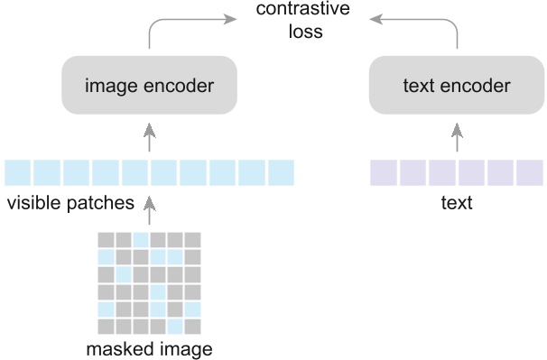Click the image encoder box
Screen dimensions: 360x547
coord(149,87)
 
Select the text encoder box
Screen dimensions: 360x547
coord(456,87)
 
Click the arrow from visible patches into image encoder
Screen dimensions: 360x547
coord(150,138)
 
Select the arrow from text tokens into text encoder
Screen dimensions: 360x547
coord(456,138)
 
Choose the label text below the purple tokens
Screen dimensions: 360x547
coord(456,203)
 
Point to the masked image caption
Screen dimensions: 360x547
coord(150,348)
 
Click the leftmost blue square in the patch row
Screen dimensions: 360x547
coord(17,171)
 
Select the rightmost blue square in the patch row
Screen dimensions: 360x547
coord(282,171)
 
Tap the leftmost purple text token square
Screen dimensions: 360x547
coord(384,171)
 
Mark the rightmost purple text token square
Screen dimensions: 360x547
coord(530,171)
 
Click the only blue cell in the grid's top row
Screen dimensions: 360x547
coord(141,240)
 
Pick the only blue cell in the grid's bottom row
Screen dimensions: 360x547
coord(175,326)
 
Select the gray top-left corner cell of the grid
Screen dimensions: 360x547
coord(107,240)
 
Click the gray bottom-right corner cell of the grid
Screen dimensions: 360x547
coord(192,326)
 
